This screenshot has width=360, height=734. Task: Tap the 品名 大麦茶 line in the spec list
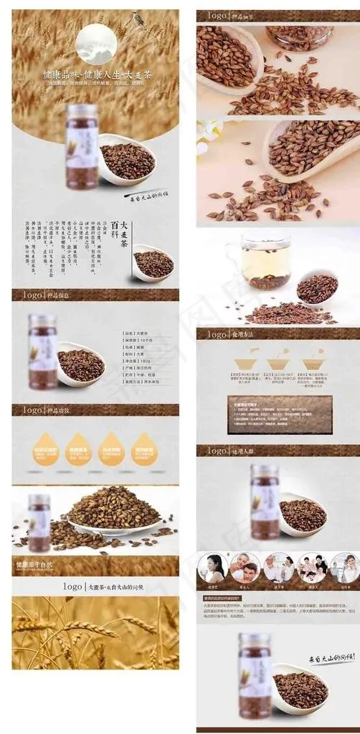(140, 333)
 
